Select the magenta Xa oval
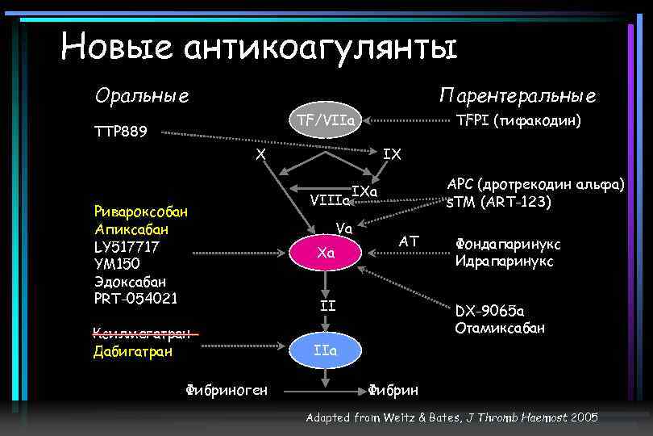coord(326,254)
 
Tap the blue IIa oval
coord(326,351)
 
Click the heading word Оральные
coord(142,96)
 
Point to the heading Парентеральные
coord(518,96)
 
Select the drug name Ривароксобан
coord(140,212)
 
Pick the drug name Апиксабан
coord(129,228)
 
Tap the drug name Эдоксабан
coord(130,281)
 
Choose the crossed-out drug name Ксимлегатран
coord(142,334)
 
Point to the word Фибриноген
coord(227,391)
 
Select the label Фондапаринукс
coord(508,244)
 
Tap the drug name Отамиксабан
coord(500,328)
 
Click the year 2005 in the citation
coord(583,417)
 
